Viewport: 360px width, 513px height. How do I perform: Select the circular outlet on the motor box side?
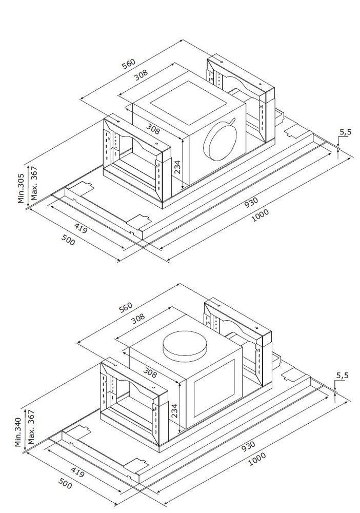[x=221, y=140]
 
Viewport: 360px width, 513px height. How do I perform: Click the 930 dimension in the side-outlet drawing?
[x=251, y=202]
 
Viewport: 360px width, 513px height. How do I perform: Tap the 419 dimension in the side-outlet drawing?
[x=80, y=228]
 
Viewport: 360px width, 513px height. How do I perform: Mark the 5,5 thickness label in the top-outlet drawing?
[x=342, y=376]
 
